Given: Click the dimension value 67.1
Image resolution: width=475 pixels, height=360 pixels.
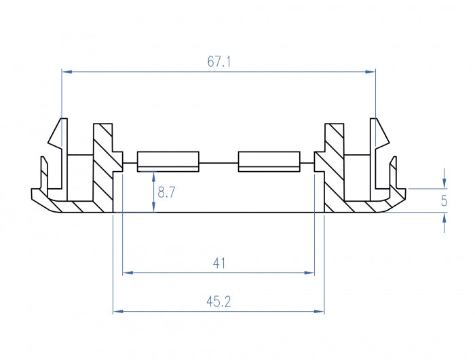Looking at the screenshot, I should [219, 62].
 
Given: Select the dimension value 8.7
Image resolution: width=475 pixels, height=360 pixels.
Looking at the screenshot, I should [166, 193].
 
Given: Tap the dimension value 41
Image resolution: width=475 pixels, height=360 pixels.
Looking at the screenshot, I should [218, 263].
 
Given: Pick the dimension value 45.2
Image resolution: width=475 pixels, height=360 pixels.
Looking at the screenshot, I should [218, 302].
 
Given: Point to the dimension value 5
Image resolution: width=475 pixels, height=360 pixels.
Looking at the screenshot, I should [444, 200].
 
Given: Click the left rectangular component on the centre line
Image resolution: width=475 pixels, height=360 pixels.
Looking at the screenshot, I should [168, 161].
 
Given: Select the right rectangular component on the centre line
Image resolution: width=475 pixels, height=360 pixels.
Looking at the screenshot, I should [269, 161].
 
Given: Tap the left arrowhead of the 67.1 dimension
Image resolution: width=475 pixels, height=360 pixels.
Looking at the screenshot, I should [66, 71].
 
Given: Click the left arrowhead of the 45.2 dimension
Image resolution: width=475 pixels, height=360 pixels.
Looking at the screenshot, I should [117, 312].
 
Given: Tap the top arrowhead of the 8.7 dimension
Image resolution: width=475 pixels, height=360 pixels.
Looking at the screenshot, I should [154, 175].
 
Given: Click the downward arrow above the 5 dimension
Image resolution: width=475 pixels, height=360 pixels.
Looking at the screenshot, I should [444, 183].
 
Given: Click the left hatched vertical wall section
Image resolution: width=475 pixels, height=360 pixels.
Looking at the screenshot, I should [103, 170].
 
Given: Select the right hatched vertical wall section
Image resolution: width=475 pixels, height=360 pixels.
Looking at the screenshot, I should [335, 170].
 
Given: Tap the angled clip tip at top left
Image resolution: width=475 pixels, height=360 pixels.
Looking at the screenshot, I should [57, 132].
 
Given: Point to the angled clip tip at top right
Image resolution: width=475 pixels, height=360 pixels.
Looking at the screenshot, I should [380, 132].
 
